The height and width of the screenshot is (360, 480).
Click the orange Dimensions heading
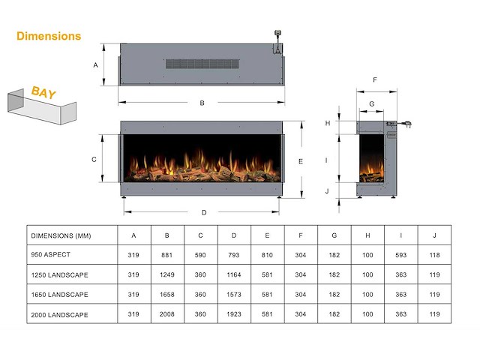point(49,35)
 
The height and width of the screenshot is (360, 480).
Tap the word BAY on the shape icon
point(43,93)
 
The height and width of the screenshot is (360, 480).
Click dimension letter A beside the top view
point(96,65)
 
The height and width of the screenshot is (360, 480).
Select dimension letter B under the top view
point(202,103)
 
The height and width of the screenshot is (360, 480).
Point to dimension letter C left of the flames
point(94,159)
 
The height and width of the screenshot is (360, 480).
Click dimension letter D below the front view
point(204,212)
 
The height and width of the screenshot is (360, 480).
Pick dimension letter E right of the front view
point(300,161)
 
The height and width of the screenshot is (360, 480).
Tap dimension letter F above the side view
point(374,79)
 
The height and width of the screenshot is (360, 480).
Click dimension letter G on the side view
point(371,104)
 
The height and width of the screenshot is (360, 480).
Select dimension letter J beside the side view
point(327,191)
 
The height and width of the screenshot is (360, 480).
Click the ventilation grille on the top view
point(204,64)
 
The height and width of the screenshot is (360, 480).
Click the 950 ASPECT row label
point(51,255)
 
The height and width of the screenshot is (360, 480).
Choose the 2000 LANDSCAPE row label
point(59,314)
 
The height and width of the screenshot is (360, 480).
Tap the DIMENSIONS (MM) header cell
point(61,235)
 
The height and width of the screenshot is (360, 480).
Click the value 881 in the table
point(167,255)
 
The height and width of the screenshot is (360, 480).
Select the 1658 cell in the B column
point(167,295)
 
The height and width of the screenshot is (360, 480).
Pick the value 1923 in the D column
point(234,314)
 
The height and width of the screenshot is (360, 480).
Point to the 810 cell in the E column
point(268,255)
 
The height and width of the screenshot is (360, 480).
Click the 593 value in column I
point(401,255)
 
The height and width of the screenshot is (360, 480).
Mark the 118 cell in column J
point(435,255)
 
